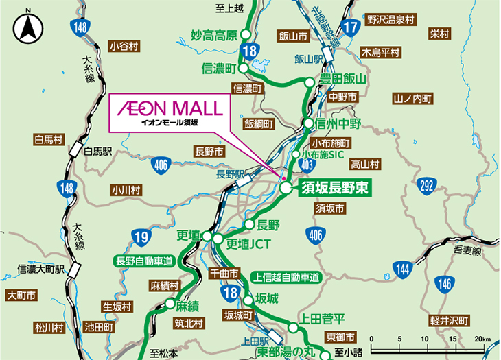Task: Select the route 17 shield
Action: (350, 28)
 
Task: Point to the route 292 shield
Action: (426, 184)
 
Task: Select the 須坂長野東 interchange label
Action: (336, 189)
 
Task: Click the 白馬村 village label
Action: (48, 140)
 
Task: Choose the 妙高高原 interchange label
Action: (213, 35)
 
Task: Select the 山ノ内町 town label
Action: (412, 99)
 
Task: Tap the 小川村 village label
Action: (126, 189)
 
